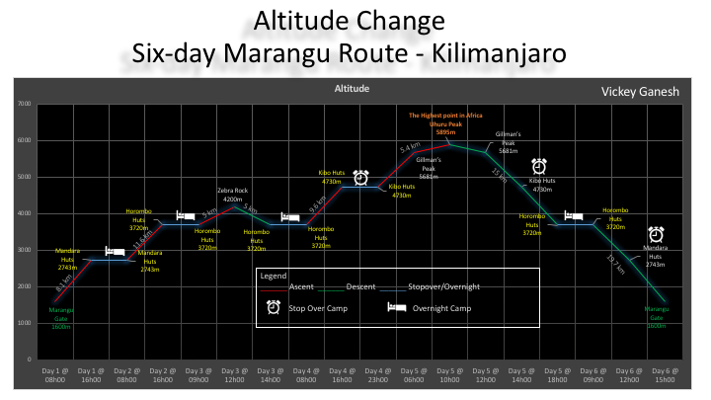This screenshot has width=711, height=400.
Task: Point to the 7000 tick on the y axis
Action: pos(25,104)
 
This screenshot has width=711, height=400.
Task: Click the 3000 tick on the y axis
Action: pos(25,250)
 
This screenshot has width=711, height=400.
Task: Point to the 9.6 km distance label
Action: pos(318,206)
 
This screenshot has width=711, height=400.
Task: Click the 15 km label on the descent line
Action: pos(499,175)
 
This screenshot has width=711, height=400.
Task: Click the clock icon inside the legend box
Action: pos(274,308)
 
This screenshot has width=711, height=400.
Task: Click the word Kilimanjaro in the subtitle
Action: pos(496,53)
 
